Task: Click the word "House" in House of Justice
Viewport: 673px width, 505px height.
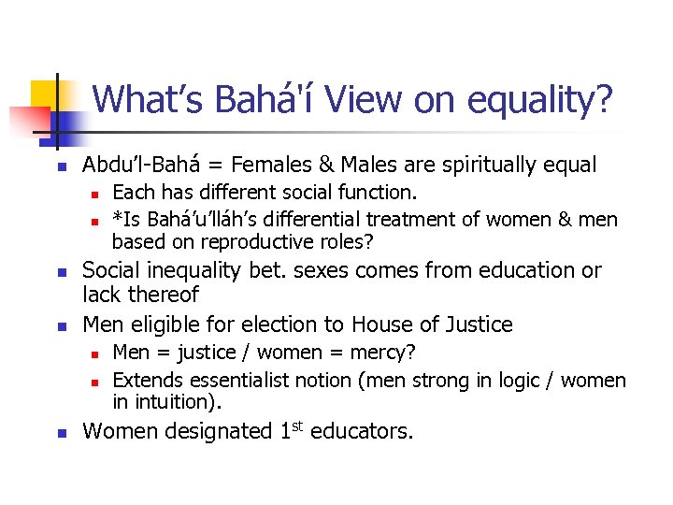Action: [380, 325]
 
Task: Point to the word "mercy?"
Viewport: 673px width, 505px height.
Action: [385, 353]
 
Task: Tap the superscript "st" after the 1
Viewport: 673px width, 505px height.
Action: [302, 426]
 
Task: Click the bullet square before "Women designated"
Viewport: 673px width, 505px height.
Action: [59, 433]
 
